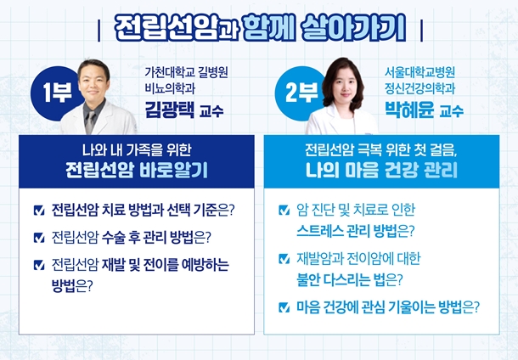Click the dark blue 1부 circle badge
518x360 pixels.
(x=54, y=93)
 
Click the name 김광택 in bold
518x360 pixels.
(x=170, y=110)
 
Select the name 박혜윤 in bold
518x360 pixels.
(x=409, y=110)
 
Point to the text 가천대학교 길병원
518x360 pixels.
(x=186, y=72)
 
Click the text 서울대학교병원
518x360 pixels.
(x=419, y=72)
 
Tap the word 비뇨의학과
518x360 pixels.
(x=170, y=88)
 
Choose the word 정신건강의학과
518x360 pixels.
(x=419, y=88)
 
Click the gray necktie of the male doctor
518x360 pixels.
(x=90, y=122)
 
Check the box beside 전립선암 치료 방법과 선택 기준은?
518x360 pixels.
(x=39, y=211)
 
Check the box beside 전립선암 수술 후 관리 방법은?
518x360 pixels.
(x=39, y=238)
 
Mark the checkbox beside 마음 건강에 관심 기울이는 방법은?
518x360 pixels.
(x=284, y=307)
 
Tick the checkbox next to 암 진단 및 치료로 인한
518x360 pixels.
(x=284, y=210)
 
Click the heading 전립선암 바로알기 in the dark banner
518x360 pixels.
(x=137, y=171)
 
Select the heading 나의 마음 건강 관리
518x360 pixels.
(x=381, y=171)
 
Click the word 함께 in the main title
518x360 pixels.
(x=269, y=28)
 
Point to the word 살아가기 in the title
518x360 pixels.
(x=354, y=28)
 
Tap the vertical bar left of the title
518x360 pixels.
(x=99, y=31)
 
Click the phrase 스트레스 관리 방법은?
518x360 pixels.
(x=355, y=231)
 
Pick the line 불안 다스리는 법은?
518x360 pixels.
(x=350, y=279)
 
